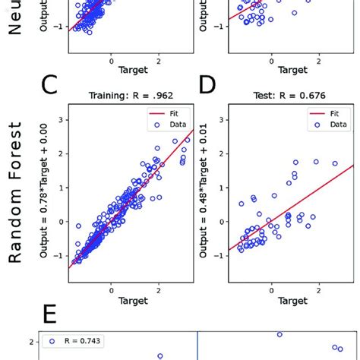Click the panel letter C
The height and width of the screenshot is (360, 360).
(x=49, y=86)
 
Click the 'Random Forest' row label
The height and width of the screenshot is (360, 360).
(x=17, y=196)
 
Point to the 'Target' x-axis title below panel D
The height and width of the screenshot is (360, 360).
(x=292, y=302)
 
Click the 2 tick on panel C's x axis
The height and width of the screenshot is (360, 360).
(x=158, y=289)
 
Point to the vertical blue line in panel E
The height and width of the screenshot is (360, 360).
(x=198, y=346)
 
